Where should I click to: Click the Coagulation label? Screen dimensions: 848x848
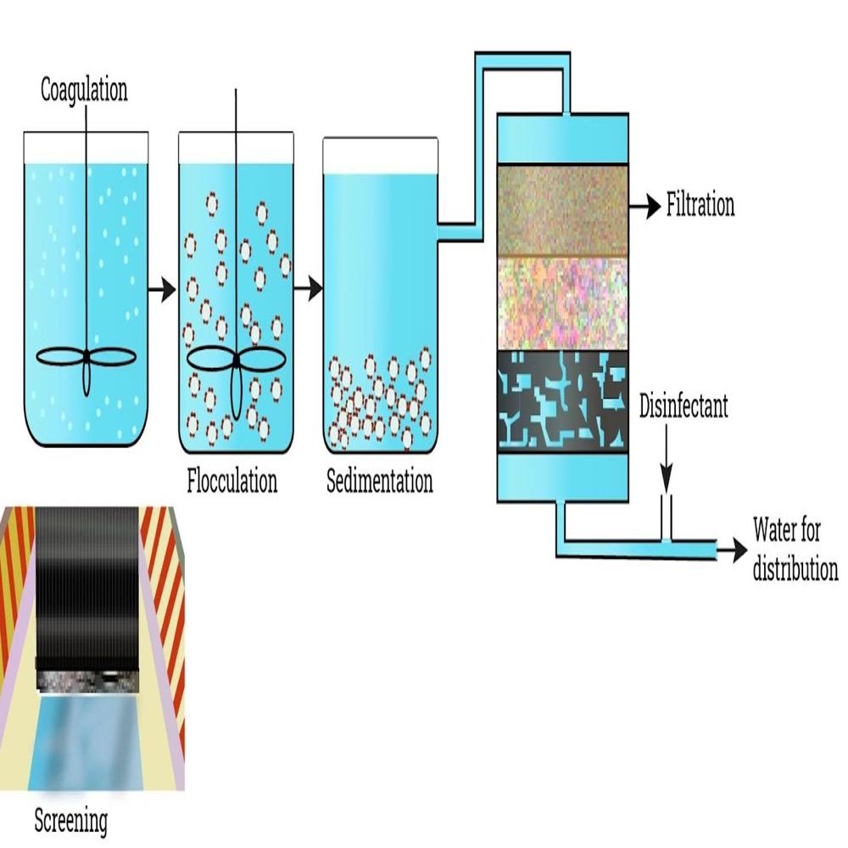(x=84, y=91)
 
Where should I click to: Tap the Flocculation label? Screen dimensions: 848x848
(x=232, y=482)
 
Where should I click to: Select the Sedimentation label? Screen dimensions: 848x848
(x=379, y=482)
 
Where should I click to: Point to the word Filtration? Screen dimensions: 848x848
(x=700, y=206)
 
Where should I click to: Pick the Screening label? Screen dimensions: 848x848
(x=71, y=820)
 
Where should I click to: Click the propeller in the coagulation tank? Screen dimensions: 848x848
(x=86, y=360)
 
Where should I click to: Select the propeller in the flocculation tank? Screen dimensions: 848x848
(x=236, y=361)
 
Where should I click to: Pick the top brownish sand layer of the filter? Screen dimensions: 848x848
(x=562, y=210)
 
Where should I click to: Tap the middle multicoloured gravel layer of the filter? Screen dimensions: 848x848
(x=562, y=301)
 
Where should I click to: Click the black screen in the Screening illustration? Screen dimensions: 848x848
(x=88, y=585)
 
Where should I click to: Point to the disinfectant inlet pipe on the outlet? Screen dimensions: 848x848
(x=667, y=519)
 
